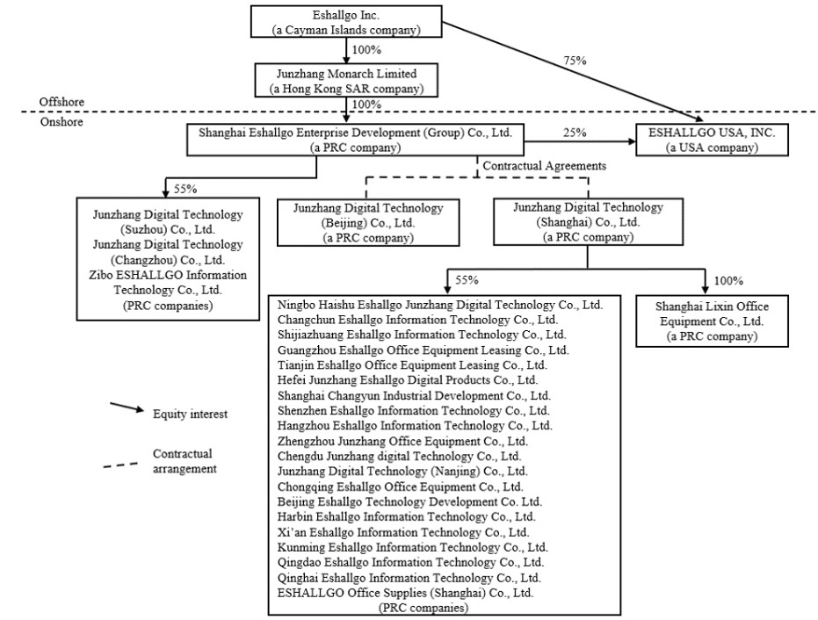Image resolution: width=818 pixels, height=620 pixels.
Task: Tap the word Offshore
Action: (x=62, y=103)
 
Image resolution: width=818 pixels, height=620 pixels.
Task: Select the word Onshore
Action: (x=61, y=123)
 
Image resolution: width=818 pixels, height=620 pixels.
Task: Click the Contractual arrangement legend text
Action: (x=183, y=461)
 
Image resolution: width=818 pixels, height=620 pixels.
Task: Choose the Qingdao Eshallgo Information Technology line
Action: (x=410, y=562)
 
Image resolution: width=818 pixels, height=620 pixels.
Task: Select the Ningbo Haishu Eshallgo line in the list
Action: (x=439, y=305)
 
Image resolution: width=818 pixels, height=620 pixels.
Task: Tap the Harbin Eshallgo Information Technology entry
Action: (x=406, y=516)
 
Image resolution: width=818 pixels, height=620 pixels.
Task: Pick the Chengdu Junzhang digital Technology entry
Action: (x=399, y=456)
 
